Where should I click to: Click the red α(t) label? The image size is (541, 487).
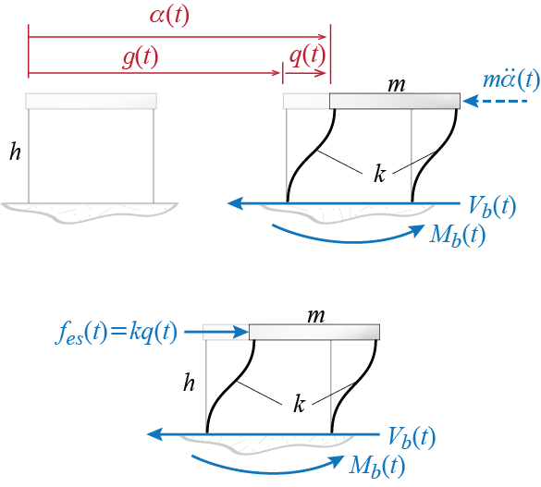169,16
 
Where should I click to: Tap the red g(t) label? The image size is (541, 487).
141,57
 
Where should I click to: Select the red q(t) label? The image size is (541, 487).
307,55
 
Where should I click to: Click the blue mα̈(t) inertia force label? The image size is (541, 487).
511,79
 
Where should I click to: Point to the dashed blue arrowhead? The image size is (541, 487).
470,101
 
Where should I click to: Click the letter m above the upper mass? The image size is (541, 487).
396,85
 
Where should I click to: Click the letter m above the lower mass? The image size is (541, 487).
316,316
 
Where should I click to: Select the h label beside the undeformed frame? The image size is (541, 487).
15,151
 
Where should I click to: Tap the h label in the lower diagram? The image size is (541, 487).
189,383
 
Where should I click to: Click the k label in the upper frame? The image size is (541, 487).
379,173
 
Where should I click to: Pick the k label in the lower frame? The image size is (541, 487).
299,403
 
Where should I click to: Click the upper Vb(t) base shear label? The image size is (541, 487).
492,206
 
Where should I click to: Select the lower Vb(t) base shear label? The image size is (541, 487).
412,437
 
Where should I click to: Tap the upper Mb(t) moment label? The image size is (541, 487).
457,236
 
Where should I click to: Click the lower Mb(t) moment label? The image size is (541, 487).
376,466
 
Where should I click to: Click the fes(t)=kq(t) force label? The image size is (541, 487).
117,333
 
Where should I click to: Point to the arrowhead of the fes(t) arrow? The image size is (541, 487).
241,333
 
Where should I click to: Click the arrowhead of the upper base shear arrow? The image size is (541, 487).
236,203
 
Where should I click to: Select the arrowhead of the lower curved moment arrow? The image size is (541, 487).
336,461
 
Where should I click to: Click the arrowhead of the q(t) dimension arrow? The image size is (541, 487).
322,73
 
